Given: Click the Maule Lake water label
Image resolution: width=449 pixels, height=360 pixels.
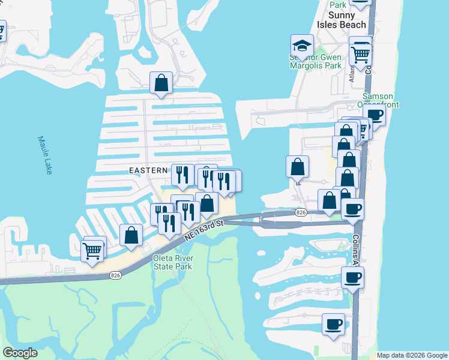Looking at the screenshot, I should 45,155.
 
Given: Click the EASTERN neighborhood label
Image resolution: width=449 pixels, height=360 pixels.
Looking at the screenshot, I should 148,170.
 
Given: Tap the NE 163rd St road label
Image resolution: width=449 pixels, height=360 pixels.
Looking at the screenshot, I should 204,230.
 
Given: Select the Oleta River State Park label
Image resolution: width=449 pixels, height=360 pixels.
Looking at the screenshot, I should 172,262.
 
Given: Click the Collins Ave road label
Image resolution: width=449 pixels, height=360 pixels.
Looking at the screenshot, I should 356,249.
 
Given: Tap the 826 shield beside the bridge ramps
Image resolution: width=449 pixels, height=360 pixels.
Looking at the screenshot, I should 301,212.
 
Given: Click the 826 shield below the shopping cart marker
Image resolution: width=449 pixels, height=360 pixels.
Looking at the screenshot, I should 116,275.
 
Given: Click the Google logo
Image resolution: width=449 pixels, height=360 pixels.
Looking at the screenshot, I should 20,353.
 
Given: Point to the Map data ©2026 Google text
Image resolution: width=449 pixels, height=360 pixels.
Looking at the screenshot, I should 412,355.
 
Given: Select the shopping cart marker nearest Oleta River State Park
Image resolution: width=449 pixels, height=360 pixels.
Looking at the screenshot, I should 92,250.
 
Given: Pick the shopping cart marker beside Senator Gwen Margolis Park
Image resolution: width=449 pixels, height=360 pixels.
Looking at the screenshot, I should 360,55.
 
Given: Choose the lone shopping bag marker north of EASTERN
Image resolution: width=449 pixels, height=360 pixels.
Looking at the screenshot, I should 161,83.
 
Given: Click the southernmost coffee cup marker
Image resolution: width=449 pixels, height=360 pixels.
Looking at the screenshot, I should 333,325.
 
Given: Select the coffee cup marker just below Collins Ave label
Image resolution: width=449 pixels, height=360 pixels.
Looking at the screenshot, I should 352,278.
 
